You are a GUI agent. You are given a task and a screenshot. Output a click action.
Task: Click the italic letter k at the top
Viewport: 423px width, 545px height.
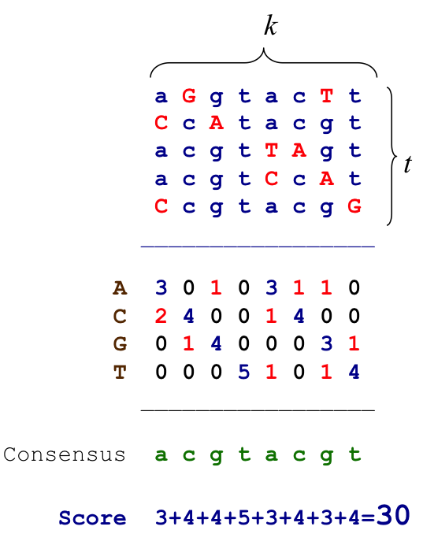(270, 26)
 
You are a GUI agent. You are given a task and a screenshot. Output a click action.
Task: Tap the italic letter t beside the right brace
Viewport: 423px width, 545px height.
(408, 164)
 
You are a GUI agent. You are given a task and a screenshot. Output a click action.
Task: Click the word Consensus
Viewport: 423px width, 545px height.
(65, 454)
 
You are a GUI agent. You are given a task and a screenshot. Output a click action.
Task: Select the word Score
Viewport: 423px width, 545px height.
(92, 518)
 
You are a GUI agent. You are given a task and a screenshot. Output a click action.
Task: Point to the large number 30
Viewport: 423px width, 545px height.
(393, 515)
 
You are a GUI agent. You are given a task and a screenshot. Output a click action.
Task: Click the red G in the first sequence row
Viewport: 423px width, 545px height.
(189, 95)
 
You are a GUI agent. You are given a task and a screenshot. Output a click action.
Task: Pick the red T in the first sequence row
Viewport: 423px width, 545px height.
(326, 95)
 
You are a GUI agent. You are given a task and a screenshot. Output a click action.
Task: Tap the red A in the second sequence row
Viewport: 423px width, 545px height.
(216, 123)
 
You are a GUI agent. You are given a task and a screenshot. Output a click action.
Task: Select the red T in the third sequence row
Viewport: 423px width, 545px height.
(271, 150)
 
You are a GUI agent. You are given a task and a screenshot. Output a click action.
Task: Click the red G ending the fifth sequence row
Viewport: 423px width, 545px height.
(354, 206)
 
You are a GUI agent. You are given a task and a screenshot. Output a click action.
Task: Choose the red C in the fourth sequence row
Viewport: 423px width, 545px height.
(271, 179)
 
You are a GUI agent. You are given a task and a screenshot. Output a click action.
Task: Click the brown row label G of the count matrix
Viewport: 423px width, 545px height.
(120, 344)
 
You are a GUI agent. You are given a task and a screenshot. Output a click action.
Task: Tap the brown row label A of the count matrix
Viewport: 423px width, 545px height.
(120, 288)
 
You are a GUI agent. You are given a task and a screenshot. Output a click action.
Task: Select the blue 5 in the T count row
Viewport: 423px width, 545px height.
(243, 372)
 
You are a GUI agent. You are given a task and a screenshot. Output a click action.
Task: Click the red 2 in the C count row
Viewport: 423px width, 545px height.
(161, 316)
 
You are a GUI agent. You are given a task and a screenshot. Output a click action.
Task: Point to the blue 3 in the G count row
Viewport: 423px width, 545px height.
(326, 343)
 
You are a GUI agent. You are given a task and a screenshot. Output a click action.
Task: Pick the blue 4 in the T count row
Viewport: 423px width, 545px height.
(354, 372)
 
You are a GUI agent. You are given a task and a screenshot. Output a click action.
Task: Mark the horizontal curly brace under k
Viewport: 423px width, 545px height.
(263, 62)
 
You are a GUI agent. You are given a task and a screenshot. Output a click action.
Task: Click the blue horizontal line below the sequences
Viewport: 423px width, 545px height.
(258, 247)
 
